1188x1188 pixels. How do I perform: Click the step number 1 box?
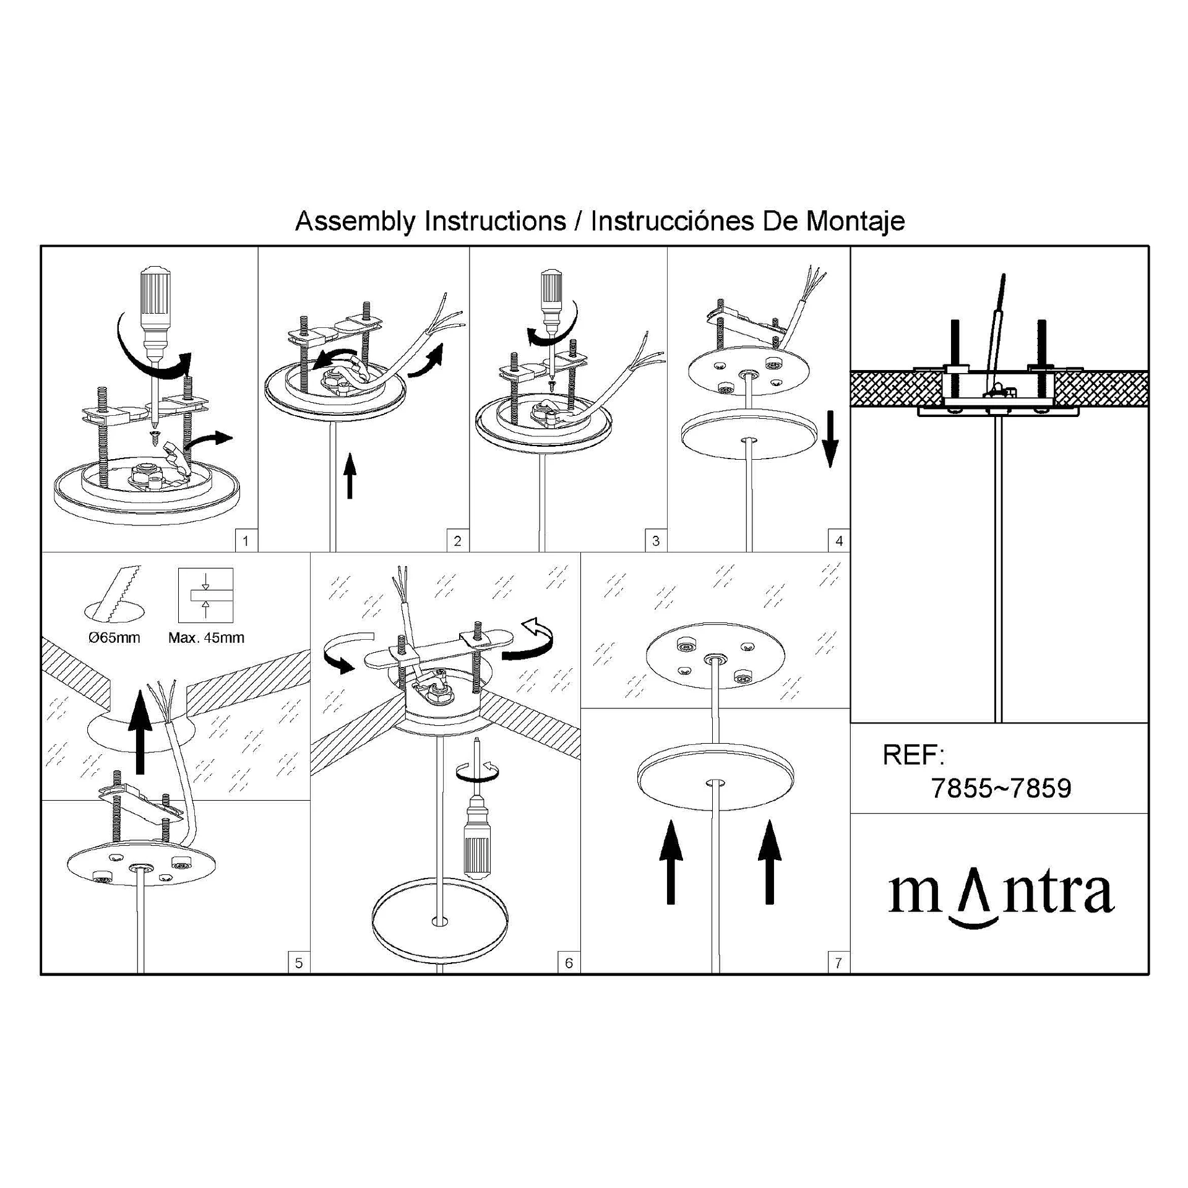(x=246, y=541)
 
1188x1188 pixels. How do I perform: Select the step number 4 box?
(x=839, y=541)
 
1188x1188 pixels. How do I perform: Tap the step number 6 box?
(x=569, y=963)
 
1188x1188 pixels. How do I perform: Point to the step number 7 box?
(x=838, y=963)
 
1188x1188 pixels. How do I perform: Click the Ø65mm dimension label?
(x=114, y=637)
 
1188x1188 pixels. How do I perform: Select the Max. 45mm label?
(x=206, y=637)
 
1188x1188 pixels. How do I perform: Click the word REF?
(x=913, y=755)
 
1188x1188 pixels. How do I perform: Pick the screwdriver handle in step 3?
(x=551, y=290)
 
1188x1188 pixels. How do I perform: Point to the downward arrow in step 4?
(x=831, y=439)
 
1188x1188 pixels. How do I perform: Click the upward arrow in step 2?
(x=350, y=475)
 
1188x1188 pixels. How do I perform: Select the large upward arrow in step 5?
(x=139, y=732)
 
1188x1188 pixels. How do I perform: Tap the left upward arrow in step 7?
(x=671, y=862)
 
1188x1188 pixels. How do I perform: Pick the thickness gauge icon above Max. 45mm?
(x=205, y=595)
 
